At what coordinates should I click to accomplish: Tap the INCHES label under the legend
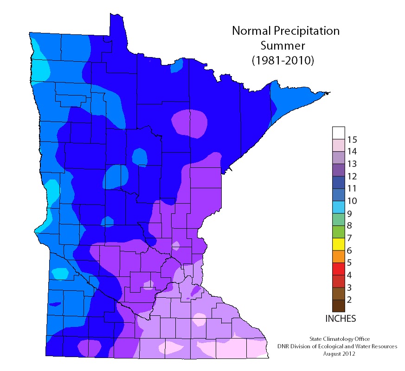tap(341, 319)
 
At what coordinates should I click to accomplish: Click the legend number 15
tap(352, 139)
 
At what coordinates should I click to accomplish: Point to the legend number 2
tap(349, 300)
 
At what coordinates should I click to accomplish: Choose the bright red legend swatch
tap(339, 269)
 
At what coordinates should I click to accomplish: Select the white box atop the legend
tap(339, 132)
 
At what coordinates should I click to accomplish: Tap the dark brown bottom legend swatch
tap(339, 306)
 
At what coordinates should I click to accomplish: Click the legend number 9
tap(349, 213)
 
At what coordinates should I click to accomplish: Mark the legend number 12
tap(352, 176)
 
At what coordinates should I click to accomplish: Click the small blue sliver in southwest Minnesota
tap(55, 304)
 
